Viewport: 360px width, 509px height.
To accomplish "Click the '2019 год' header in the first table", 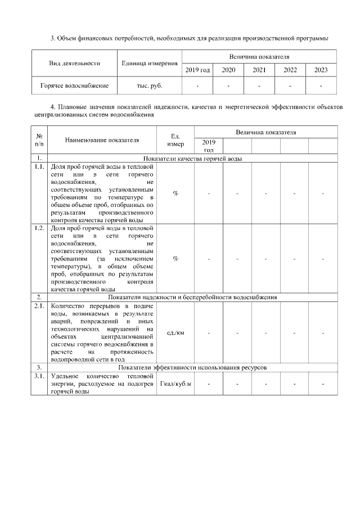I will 197,71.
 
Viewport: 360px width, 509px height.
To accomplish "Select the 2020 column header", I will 228,71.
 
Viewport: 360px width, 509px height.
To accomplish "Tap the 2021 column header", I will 259,71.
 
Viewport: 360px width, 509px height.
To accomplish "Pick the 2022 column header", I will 290,71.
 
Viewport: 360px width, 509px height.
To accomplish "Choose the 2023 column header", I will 321,71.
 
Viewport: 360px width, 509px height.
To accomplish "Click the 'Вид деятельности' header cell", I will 74,64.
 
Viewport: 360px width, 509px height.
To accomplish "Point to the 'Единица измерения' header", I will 150,64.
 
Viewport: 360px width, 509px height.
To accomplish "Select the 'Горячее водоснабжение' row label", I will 74,86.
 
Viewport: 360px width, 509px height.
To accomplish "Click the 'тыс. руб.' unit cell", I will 150,86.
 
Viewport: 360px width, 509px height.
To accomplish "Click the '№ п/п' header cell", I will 39,140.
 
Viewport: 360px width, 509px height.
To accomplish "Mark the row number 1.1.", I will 39,167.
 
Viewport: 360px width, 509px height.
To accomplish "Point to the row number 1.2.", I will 39,228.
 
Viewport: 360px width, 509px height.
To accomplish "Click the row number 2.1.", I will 39,306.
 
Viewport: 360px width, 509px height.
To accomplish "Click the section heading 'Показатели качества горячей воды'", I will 192,159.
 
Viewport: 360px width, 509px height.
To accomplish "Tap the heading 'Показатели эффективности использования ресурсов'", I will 192,367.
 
